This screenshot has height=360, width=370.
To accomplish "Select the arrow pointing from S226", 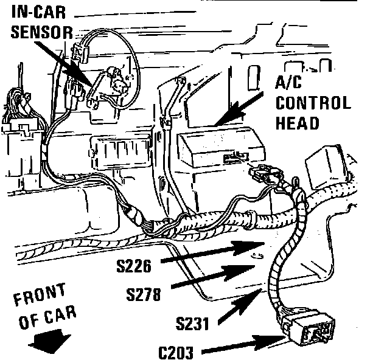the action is [207, 254].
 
